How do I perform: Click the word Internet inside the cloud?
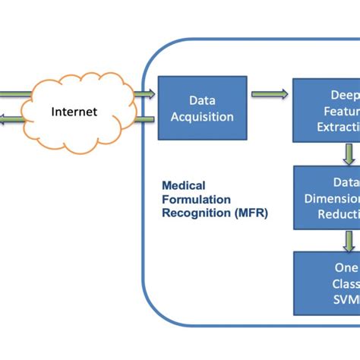tap(74, 112)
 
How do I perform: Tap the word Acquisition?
tap(201, 117)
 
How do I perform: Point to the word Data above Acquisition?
tap(201, 99)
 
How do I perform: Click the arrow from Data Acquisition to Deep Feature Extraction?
tap(270, 94)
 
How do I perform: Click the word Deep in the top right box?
tap(344, 95)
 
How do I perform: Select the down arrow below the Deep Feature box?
tap(349, 153)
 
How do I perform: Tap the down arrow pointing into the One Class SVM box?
tap(349, 241)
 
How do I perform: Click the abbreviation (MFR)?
tap(246, 213)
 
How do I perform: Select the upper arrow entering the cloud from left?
tap(15, 94)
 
